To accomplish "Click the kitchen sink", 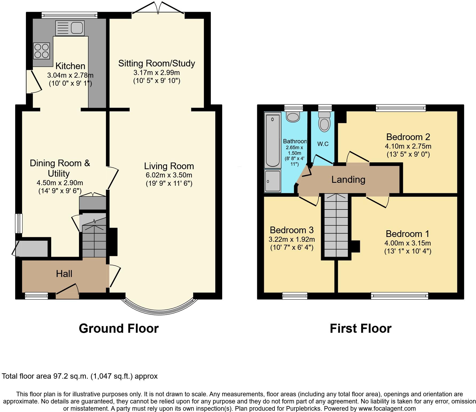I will [x=70, y=28].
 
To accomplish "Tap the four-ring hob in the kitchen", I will [x=42, y=51].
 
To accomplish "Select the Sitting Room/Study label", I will [x=157, y=63].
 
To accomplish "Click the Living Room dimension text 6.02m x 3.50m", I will [x=169, y=175].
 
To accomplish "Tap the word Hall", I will [x=64, y=274].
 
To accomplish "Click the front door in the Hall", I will [x=67, y=292].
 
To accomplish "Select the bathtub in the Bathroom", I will [x=272, y=140].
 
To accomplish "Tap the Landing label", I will [x=348, y=180].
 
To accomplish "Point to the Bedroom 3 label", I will [x=292, y=230].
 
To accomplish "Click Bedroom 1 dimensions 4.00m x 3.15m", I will [x=407, y=243].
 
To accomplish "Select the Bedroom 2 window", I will [x=400, y=108].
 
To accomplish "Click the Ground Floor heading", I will [x=119, y=328].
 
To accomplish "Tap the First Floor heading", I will [x=360, y=328].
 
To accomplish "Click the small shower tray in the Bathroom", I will [x=272, y=181].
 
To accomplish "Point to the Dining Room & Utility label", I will [x=59, y=168].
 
